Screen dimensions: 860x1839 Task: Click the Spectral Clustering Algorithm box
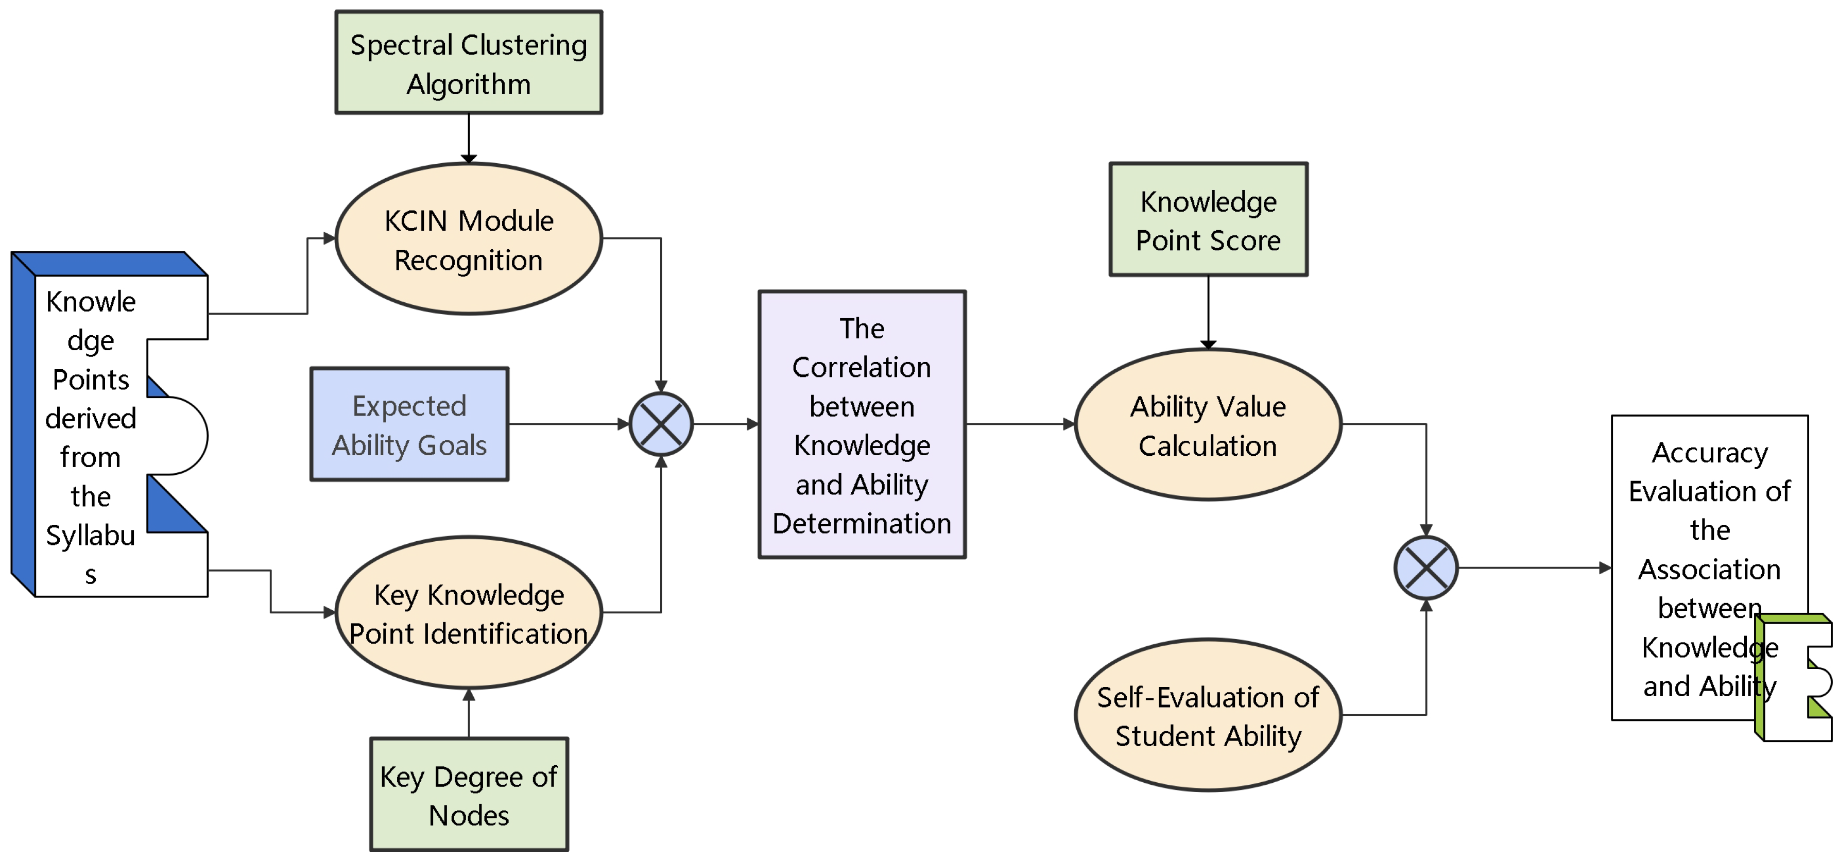468,63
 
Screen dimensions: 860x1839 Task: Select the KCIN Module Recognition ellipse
468,239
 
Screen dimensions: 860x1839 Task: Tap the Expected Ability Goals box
409,425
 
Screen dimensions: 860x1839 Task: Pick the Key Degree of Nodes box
468,794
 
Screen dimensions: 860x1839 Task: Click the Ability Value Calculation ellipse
1208,425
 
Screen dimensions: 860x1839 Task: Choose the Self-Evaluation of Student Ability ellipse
1208,715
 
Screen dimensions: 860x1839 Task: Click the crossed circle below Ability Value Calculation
1425,568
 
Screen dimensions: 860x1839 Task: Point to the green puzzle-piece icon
1792,678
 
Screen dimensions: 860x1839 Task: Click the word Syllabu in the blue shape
91,535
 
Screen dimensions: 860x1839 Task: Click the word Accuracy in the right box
1709,453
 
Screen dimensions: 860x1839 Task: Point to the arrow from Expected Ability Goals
568,424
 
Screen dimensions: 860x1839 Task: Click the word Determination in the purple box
862,524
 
